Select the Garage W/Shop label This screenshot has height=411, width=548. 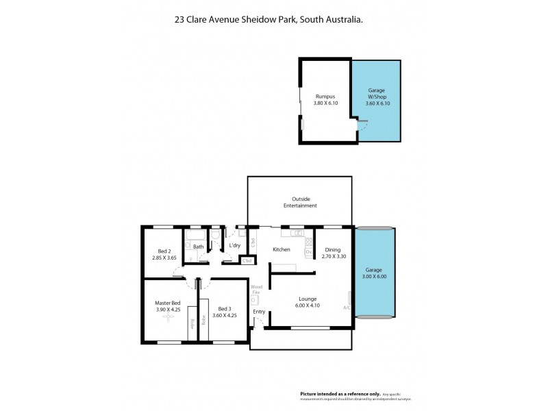[376, 93]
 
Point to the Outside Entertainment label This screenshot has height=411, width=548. [300, 203]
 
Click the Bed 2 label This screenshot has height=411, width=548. [163, 251]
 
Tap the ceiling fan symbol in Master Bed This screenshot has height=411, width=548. [167, 319]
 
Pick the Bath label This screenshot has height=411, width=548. [198, 247]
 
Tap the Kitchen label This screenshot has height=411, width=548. [282, 250]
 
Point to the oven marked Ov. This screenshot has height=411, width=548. [308, 251]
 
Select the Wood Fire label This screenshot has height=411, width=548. [256, 290]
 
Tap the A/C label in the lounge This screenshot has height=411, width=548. [348, 308]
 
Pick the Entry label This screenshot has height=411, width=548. [259, 312]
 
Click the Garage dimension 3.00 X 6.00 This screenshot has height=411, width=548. [374, 277]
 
